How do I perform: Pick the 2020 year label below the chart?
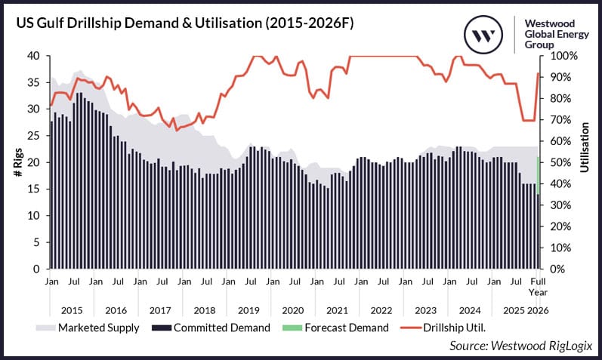pyautogui.click(x=292, y=310)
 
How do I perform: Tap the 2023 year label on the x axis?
pyautogui.click(x=426, y=310)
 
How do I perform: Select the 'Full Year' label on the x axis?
pyautogui.click(x=538, y=287)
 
